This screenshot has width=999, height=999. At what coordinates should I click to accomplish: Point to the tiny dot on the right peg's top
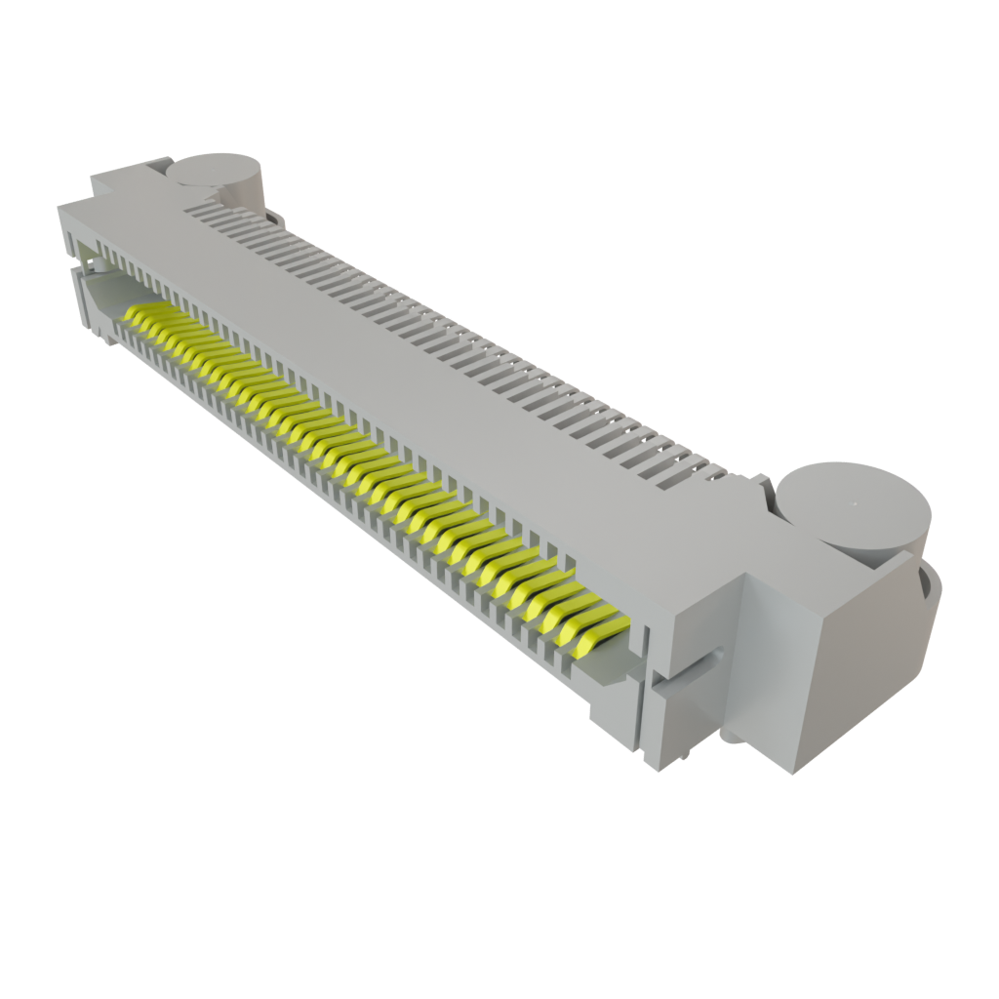854,504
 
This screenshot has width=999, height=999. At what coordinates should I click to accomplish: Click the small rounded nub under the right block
730,734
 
